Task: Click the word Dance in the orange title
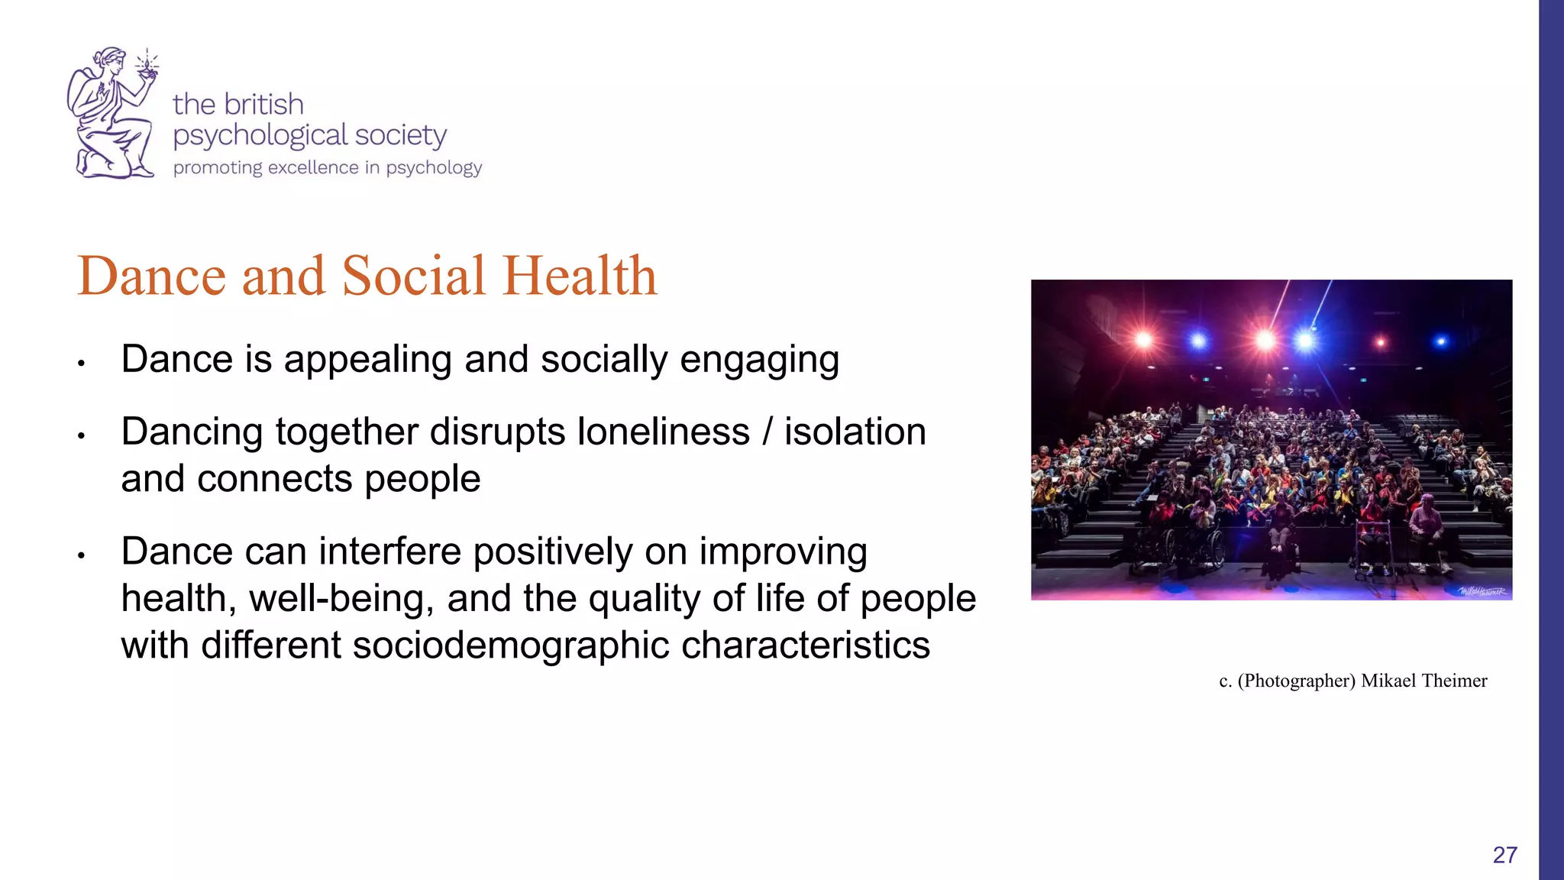151,276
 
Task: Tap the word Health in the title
580,276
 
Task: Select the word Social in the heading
413,276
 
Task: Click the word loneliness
663,432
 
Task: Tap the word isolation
855,432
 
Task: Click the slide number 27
1504,855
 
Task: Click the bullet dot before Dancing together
81,435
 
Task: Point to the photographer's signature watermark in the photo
1482,591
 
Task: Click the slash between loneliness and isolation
767,432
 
